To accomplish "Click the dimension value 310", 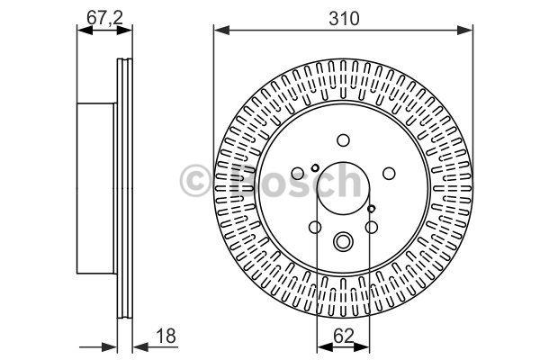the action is [344, 18].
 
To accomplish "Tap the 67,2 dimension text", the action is [104, 17].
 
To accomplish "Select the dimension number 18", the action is [166, 336].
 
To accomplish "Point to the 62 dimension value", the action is [344, 336].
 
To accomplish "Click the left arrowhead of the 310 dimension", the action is [221, 31].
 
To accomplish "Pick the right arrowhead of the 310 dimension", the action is [465, 31].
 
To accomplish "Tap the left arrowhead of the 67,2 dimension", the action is [85, 31].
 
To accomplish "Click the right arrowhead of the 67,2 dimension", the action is [124, 31].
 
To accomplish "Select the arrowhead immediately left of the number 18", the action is [141, 346].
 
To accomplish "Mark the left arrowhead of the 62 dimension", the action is [325, 346].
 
